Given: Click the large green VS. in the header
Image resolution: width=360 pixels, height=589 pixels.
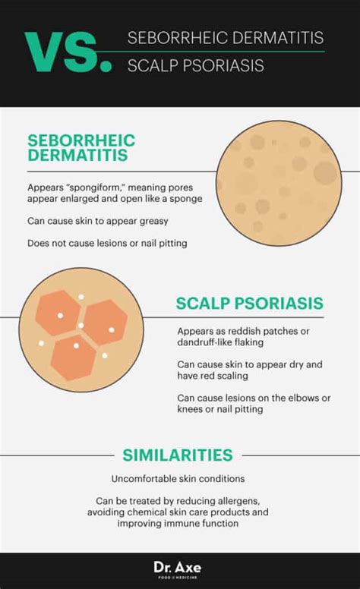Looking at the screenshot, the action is pos(68,52).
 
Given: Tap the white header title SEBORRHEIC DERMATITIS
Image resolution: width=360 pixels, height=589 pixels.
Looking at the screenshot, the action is pos(226,38).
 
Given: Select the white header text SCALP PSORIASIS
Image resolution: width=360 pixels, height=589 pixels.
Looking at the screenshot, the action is pos(195,66).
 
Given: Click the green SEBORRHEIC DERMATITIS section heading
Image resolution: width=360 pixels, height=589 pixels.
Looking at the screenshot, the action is pos(81,147).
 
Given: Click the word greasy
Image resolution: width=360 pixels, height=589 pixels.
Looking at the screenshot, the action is pos(153,221).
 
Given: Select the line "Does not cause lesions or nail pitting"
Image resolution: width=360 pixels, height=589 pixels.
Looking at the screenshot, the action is pos(107,243).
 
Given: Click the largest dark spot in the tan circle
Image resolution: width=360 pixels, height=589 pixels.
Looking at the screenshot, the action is pos(325,173).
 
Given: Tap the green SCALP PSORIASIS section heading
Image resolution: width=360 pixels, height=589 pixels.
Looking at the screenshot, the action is pos(250,304).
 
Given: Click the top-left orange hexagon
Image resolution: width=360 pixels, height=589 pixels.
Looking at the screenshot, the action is pos(58,313).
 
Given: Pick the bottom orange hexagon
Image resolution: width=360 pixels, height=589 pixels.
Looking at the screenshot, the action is pos(73,357).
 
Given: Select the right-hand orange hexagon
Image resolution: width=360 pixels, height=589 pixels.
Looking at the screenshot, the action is pos(105,323).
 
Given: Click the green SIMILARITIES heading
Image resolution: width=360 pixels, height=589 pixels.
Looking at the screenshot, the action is pos(178,455).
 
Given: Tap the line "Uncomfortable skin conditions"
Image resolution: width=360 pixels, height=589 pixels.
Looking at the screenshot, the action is pos(178,479).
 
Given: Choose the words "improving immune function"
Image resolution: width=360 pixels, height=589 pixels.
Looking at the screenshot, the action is pos(178,523).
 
